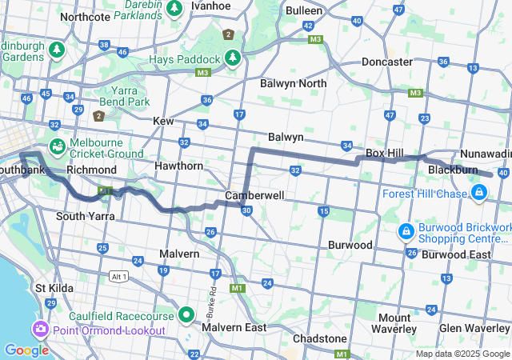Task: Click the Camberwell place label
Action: (254, 195)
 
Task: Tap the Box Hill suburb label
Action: (386, 152)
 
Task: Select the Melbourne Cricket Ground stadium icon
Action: (57, 146)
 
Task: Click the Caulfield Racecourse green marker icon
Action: (186, 314)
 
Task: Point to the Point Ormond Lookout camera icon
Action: (40, 330)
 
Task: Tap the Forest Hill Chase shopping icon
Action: (479, 193)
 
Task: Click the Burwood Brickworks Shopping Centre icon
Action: (406, 232)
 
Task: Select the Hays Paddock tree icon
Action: (233, 58)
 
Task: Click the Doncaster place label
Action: (387, 62)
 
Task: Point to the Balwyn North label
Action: (293, 83)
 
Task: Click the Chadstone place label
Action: (320, 338)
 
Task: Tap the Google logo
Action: (26, 350)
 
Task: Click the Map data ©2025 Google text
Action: (462, 354)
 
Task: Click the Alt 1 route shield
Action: (118, 275)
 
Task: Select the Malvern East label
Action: (234, 327)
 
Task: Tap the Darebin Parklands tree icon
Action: (176, 8)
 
